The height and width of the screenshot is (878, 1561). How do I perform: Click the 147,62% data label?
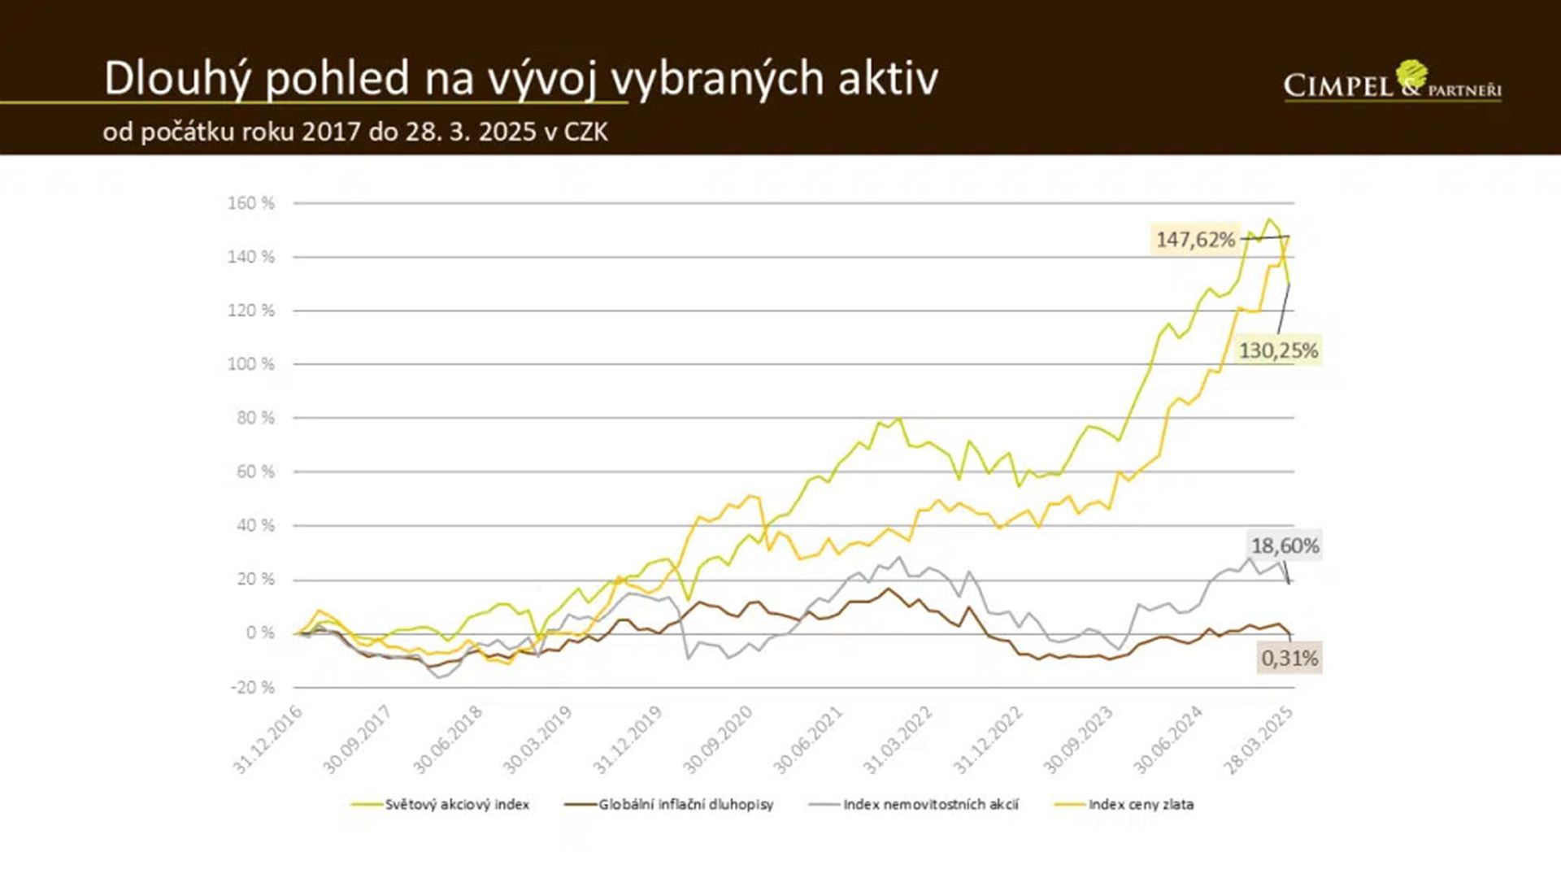[x=1195, y=239]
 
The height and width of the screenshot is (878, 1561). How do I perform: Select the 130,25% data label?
[x=1278, y=350]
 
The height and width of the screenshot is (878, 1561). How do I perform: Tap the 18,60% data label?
[x=1285, y=545]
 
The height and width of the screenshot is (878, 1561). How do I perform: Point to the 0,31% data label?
[x=1290, y=658]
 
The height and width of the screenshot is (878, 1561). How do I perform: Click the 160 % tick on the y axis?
[x=251, y=203]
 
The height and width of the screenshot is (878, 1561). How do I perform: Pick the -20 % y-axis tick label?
[x=253, y=688]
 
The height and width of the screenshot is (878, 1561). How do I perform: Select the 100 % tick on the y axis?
[x=251, y=364]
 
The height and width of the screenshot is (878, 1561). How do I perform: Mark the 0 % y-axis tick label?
[x=260, y=633]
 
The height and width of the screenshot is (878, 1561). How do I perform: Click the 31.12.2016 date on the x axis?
[x=268, y=740]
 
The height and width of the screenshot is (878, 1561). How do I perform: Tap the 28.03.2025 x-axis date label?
[x=1259, y=740]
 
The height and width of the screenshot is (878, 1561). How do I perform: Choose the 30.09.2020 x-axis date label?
[x=718, y=740]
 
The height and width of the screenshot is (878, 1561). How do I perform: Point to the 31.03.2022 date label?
[x=898, y=740]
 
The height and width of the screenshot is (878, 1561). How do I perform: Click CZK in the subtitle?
[x=585, y=132]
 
